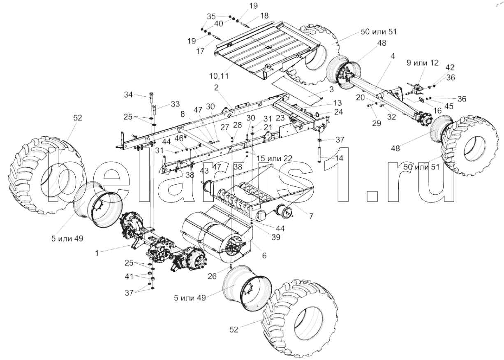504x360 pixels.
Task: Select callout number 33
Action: [164, 103]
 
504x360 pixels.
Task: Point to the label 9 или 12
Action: [422, 63]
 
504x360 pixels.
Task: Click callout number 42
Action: [450, 67]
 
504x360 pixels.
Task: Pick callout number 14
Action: [328, 158]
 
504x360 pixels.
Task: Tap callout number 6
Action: [264, 255]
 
